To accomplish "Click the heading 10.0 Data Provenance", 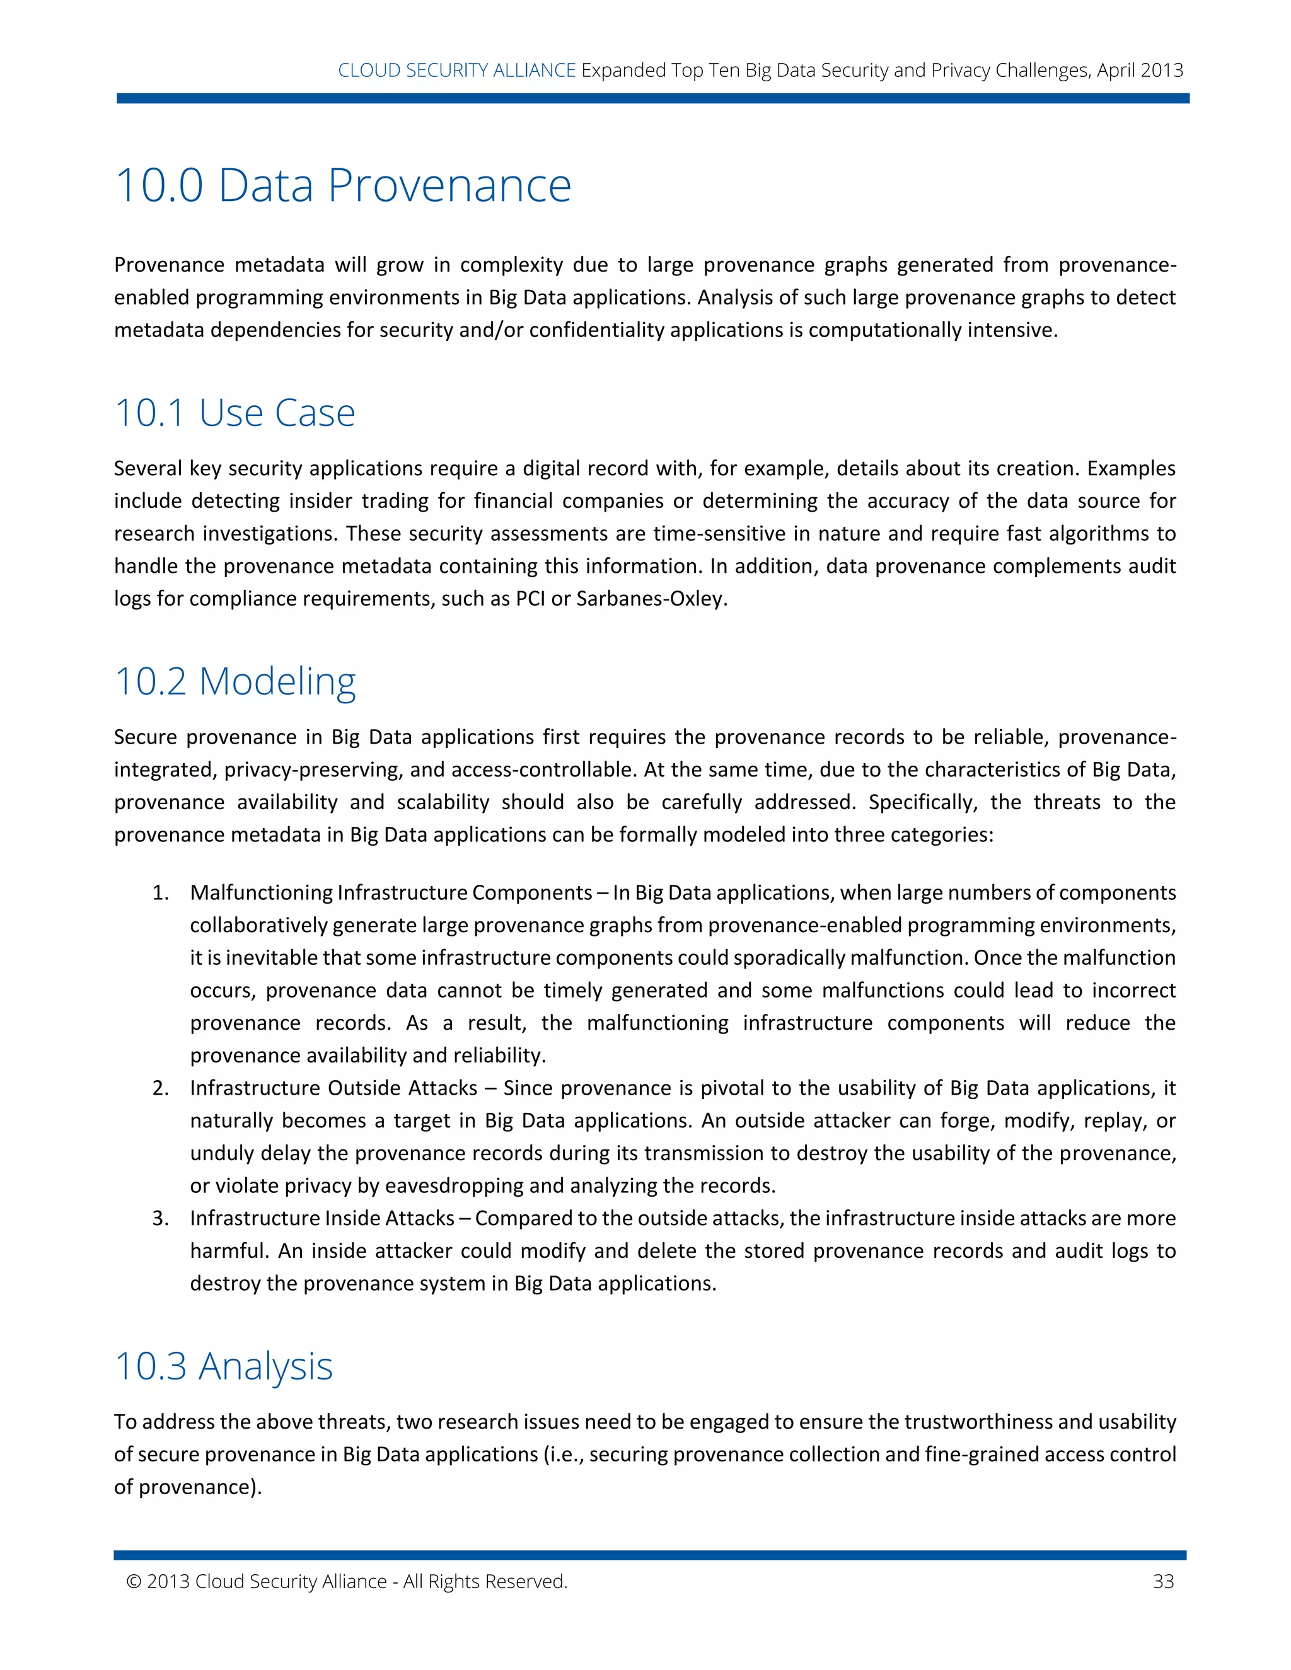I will [343, 186].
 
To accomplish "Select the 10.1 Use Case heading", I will [234, 413].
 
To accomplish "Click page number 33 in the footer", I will [1162, 1581].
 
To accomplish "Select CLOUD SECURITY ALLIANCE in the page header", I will [456, 71].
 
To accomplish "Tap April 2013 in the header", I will [1140, 71].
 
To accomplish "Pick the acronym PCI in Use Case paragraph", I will [530, 599].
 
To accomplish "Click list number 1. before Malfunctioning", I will [161, 893].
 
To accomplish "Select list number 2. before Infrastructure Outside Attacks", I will [161, 1088].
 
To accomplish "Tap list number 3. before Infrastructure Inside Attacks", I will [161, 1218].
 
